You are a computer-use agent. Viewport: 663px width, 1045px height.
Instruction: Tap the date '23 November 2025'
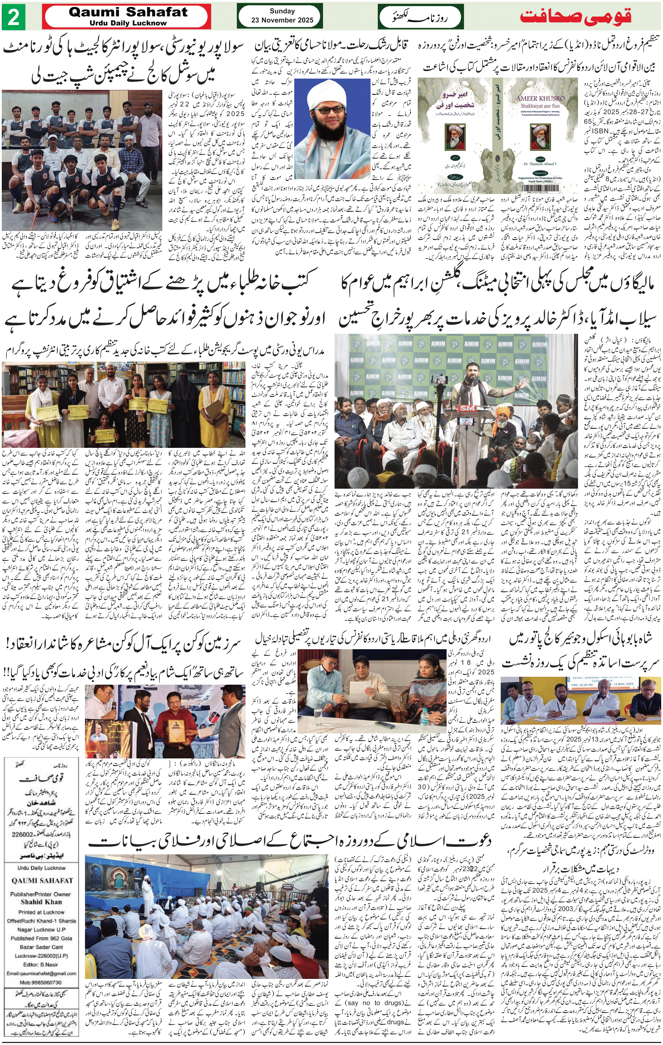click(x=282, y=20)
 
